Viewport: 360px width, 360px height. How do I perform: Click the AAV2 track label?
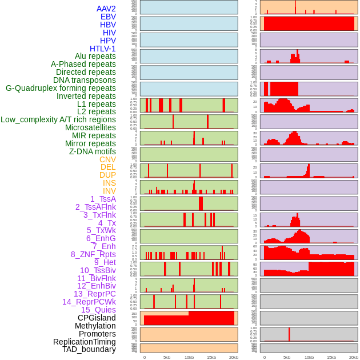coord(106,9)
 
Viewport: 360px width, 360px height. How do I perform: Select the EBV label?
coord(108,17)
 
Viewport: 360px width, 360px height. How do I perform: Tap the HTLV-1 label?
coord(103,49)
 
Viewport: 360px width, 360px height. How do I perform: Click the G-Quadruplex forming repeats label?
coord(61,88)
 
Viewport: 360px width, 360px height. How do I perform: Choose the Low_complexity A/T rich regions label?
coord(58,119)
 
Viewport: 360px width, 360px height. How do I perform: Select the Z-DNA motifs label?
coord(93,151)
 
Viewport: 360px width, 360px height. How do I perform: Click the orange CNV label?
coord(107,159)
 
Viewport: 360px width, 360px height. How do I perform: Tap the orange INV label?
coord(109,191)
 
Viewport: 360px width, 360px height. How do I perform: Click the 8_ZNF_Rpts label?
coord(93,254)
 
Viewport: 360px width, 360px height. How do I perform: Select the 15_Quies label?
coord(98,310)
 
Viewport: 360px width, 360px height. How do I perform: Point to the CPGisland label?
coord(97,318)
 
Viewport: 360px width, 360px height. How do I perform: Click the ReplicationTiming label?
coord(85,342)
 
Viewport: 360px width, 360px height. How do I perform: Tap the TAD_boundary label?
coord(89,349)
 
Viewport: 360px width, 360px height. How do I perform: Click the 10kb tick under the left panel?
coord(189,357)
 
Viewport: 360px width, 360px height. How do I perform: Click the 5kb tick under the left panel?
coord(167,357)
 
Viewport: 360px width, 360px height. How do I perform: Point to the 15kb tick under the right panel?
coord(331,357)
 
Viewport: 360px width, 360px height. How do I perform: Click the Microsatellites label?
coord(90,127)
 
